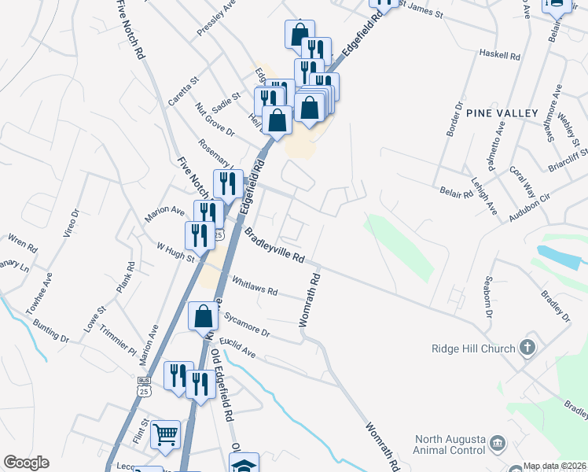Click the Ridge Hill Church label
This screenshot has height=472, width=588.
472,348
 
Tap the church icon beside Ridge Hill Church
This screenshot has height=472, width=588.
528,347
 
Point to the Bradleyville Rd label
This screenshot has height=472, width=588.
274,245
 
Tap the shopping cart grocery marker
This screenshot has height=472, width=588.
165,433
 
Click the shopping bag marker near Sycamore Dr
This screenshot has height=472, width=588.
204,316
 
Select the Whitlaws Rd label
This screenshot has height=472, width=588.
255,286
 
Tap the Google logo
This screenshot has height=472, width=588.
26,463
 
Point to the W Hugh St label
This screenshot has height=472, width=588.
175,253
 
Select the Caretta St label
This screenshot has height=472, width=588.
185,91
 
